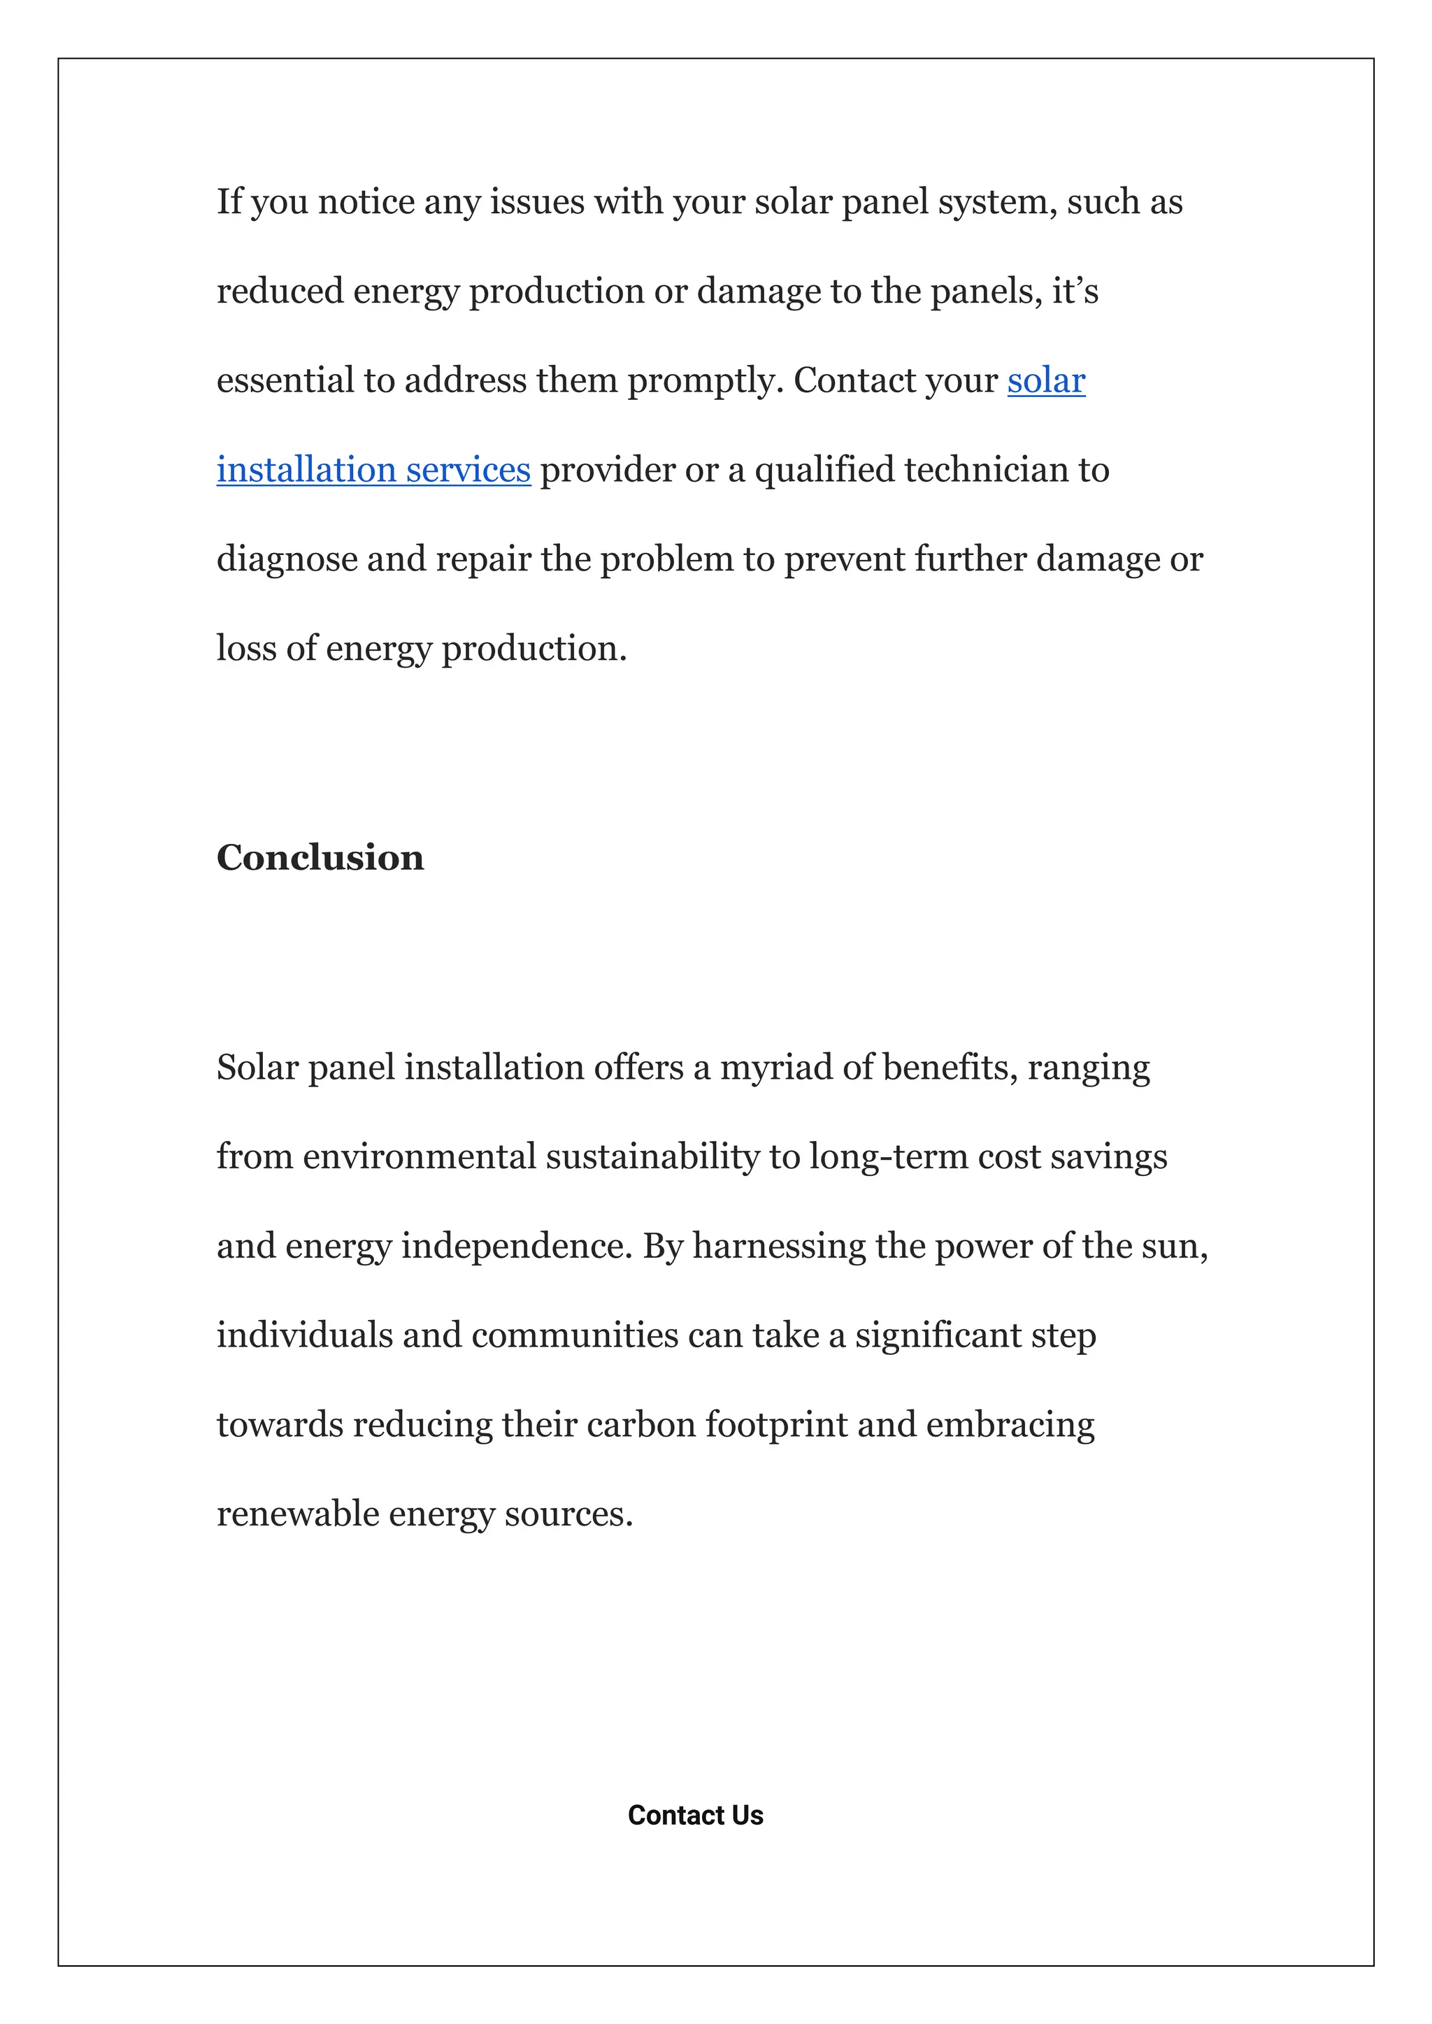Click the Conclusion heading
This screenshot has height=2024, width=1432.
point(320,858)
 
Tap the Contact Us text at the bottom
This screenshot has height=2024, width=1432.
point(695,1815)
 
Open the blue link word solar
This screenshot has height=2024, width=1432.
point(1046,381)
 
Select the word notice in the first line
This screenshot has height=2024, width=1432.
point(366,202)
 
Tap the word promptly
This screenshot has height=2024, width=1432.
point(705,382)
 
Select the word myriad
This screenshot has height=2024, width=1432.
point(776,1068)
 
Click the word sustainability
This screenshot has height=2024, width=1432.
point(652,1156)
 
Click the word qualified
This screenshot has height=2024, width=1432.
point(824,470)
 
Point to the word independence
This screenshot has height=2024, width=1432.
point(517,1247)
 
